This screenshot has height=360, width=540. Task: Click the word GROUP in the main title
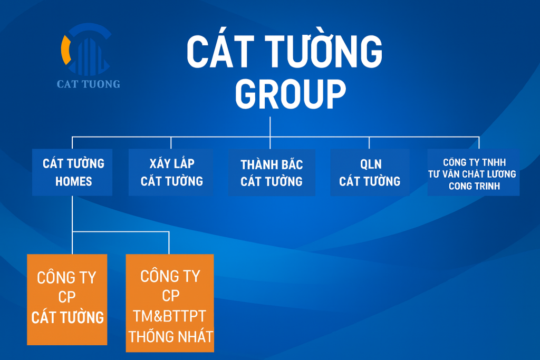coord(291,94)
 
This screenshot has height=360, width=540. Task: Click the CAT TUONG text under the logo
coord(89,84)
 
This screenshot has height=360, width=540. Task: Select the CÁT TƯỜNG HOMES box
coord(72,172)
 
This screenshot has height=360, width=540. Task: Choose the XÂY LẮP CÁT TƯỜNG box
coord(171,172)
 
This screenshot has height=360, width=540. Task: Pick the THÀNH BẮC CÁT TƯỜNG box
coord(272,172)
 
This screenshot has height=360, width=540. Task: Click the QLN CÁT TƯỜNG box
coord(370,172)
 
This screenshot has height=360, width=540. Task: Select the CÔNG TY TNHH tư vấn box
coord(474,172)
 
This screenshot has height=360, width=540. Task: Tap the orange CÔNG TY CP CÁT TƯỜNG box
coord(67,299)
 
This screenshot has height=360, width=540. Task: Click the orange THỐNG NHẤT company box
coord(170,303)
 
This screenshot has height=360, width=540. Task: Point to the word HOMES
coord(74,181)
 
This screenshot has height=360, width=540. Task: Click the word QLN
coord(371,164)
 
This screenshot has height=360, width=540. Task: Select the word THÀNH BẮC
coord(272,164)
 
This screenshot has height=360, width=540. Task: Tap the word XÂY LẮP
coord(172,163)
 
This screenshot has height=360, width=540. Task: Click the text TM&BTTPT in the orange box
coord(169,316)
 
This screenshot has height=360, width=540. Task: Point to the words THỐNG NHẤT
coord(171,336)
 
